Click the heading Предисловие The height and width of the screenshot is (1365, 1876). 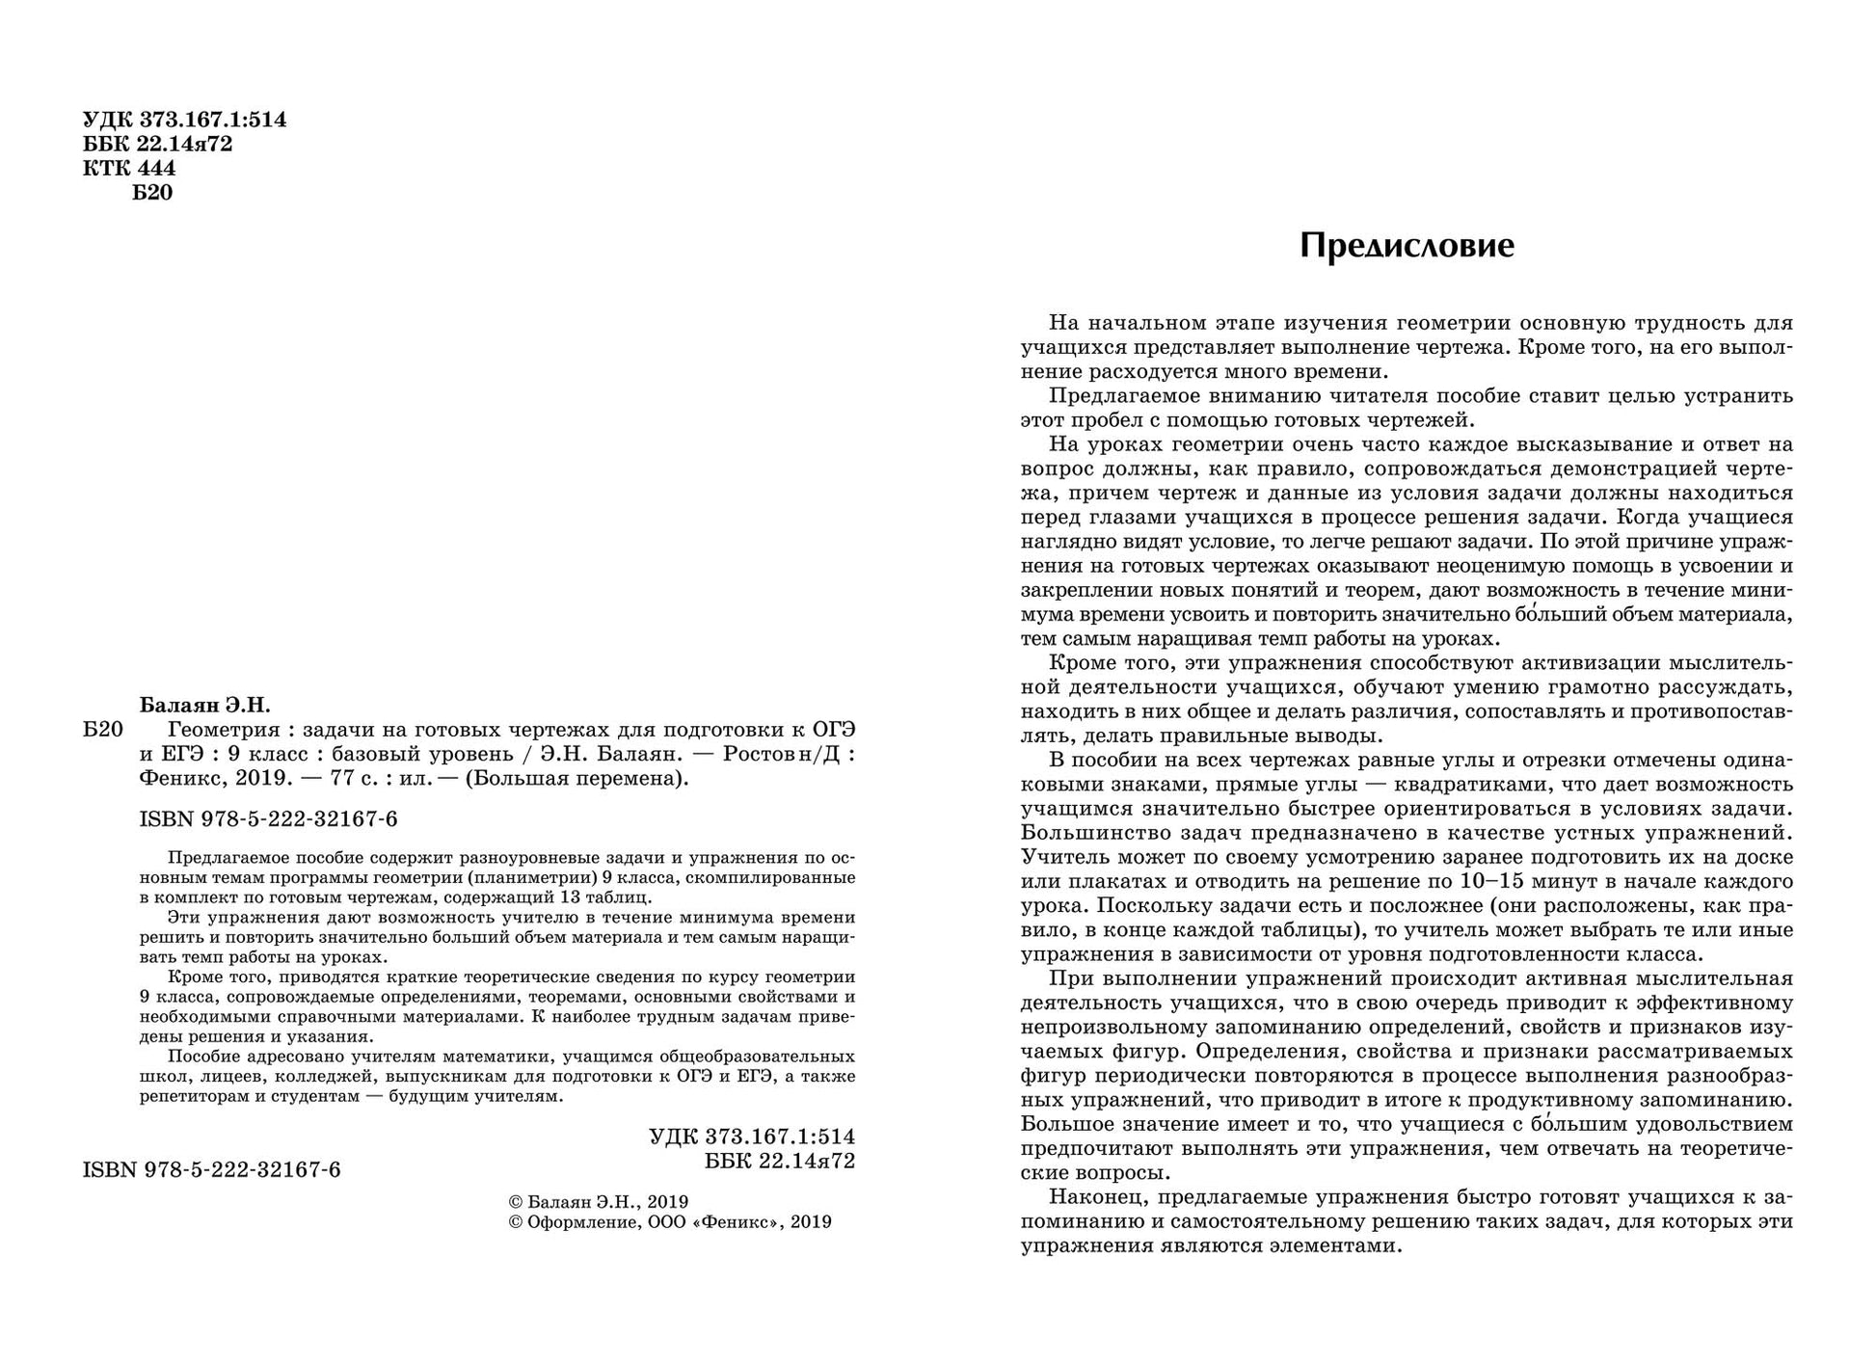pos(1407,246)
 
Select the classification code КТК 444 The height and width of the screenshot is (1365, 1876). pos(129,169)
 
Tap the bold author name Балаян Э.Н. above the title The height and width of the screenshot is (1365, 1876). pos(205,705)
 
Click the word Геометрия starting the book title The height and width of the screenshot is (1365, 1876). pos(224,730)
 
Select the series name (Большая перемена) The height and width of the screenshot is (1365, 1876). pos(577,779)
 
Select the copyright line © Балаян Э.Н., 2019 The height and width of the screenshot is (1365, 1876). pos(598,1202)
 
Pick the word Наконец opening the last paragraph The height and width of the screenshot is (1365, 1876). pos(1096,1197)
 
